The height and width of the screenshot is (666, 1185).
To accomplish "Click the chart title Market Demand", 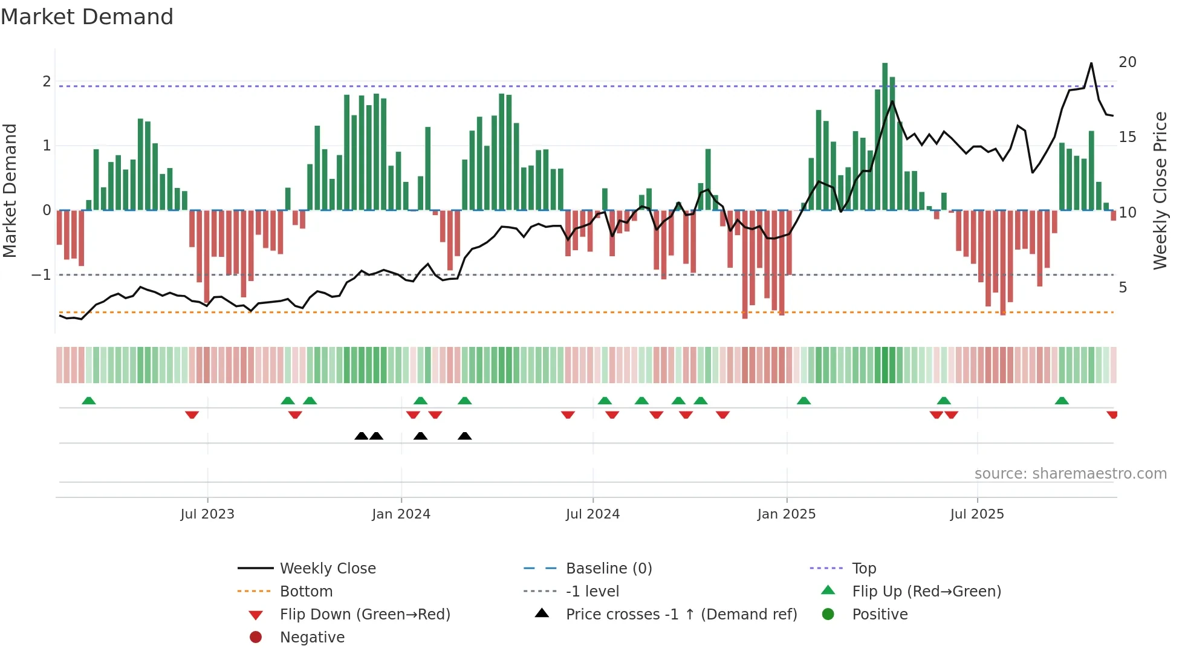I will pos(87,17).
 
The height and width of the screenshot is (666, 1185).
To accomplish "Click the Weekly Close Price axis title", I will pos(1160,190).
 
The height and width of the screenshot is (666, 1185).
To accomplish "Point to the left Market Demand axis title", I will pos(10,190).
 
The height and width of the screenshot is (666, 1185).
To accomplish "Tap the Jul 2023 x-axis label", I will pos(207,514).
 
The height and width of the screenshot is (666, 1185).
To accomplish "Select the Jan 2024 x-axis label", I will pos(401,514).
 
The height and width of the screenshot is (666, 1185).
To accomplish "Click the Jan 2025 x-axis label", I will pos(786,514).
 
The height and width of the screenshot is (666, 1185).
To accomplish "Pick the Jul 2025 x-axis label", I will pos(976,514).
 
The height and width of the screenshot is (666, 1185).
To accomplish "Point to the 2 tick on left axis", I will pos(47,82).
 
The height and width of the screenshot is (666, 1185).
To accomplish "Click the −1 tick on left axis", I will pos(42,275).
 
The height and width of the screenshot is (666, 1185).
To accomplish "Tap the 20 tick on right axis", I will pos(1127,62).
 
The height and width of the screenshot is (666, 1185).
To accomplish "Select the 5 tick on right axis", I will pos(1123,288).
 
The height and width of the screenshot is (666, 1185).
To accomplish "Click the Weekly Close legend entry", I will pos(327,569).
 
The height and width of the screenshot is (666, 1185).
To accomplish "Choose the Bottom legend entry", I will pos(306,592).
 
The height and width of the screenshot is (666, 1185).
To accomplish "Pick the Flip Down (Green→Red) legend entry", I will pos(365,615).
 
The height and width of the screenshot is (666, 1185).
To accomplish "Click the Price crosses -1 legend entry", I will pos(681,615).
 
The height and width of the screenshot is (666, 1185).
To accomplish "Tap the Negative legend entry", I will pos(312,638).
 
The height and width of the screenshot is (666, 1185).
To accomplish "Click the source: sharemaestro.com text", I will pos(1070,474).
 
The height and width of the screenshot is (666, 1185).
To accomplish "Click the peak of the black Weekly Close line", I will pos(1091,63).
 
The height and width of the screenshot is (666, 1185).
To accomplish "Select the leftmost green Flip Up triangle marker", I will pos(89,401).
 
